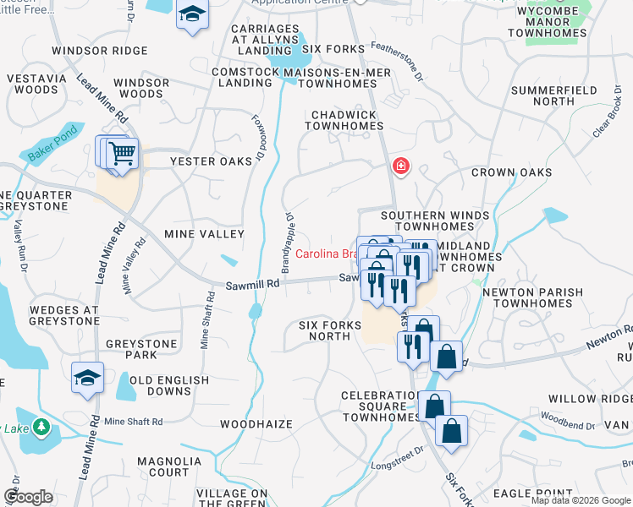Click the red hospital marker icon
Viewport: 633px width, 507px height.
(x=400, y=166)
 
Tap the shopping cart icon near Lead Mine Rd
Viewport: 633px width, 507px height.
(x=123, y=154)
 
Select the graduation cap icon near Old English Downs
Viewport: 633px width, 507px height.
(x=87, y=378)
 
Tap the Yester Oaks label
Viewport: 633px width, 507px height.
(x=211, y=161)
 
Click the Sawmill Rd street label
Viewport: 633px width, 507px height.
(x=252, y=286)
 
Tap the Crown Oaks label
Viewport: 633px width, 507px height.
(x=511, y=172)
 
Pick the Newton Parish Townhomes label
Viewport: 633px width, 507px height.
(x=532, y=297)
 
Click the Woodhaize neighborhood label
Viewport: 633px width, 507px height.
(x=256, y=424)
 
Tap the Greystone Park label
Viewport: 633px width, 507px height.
(x=142, y=350)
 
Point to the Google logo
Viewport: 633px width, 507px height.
(x=28, y=497)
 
